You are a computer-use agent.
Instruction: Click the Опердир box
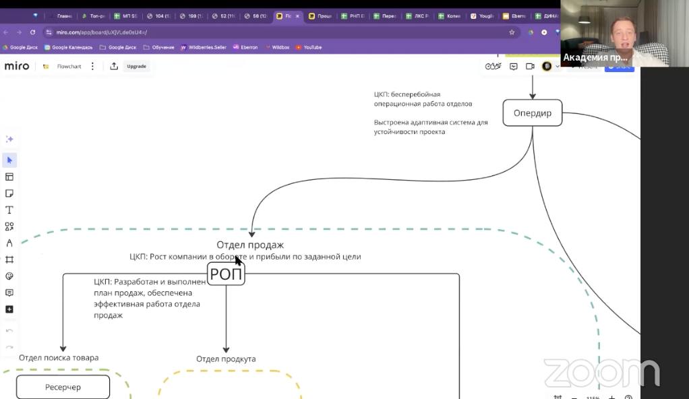(532, 113)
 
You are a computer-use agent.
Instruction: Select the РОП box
(226, 274)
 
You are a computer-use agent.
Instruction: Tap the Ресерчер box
(63, 387)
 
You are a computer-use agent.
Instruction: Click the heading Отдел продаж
(249, 245)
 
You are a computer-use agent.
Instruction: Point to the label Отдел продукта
(226, 359)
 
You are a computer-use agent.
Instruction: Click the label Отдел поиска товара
(59, 357)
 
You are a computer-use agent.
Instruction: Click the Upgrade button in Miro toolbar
(136, 66)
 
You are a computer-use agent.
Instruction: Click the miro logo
(17, 66)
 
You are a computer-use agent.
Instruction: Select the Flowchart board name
(69, 66)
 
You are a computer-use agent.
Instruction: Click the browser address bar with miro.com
(270, 32)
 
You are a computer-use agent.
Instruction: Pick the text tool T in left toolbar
(9, 210)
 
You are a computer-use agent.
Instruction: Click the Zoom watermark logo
(601, 373)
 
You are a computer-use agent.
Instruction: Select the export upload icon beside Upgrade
(114, 66)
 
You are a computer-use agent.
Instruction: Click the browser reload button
(32, 32)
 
